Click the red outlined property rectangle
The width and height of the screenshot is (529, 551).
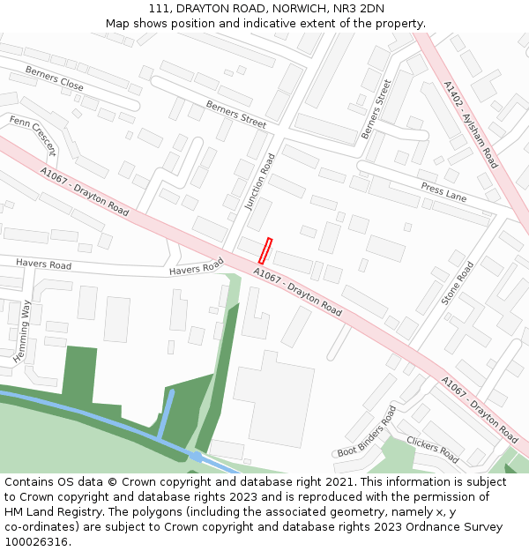[x=265, y=250]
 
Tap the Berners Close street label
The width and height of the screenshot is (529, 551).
[x=54, y=78]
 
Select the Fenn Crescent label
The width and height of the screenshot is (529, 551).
[x=33, y=135]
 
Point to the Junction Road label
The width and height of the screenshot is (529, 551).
[x=261, y=182]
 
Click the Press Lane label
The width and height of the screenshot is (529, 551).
[x=443, y=192]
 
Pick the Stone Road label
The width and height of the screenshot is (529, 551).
[x=458, y=283]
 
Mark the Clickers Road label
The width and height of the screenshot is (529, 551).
[x=432, y=450]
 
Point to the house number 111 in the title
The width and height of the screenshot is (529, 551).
[x=159, y=8]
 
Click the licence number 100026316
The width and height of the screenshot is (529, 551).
[x=36, y=542]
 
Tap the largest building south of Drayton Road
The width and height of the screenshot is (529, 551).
[x=273, y=397]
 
